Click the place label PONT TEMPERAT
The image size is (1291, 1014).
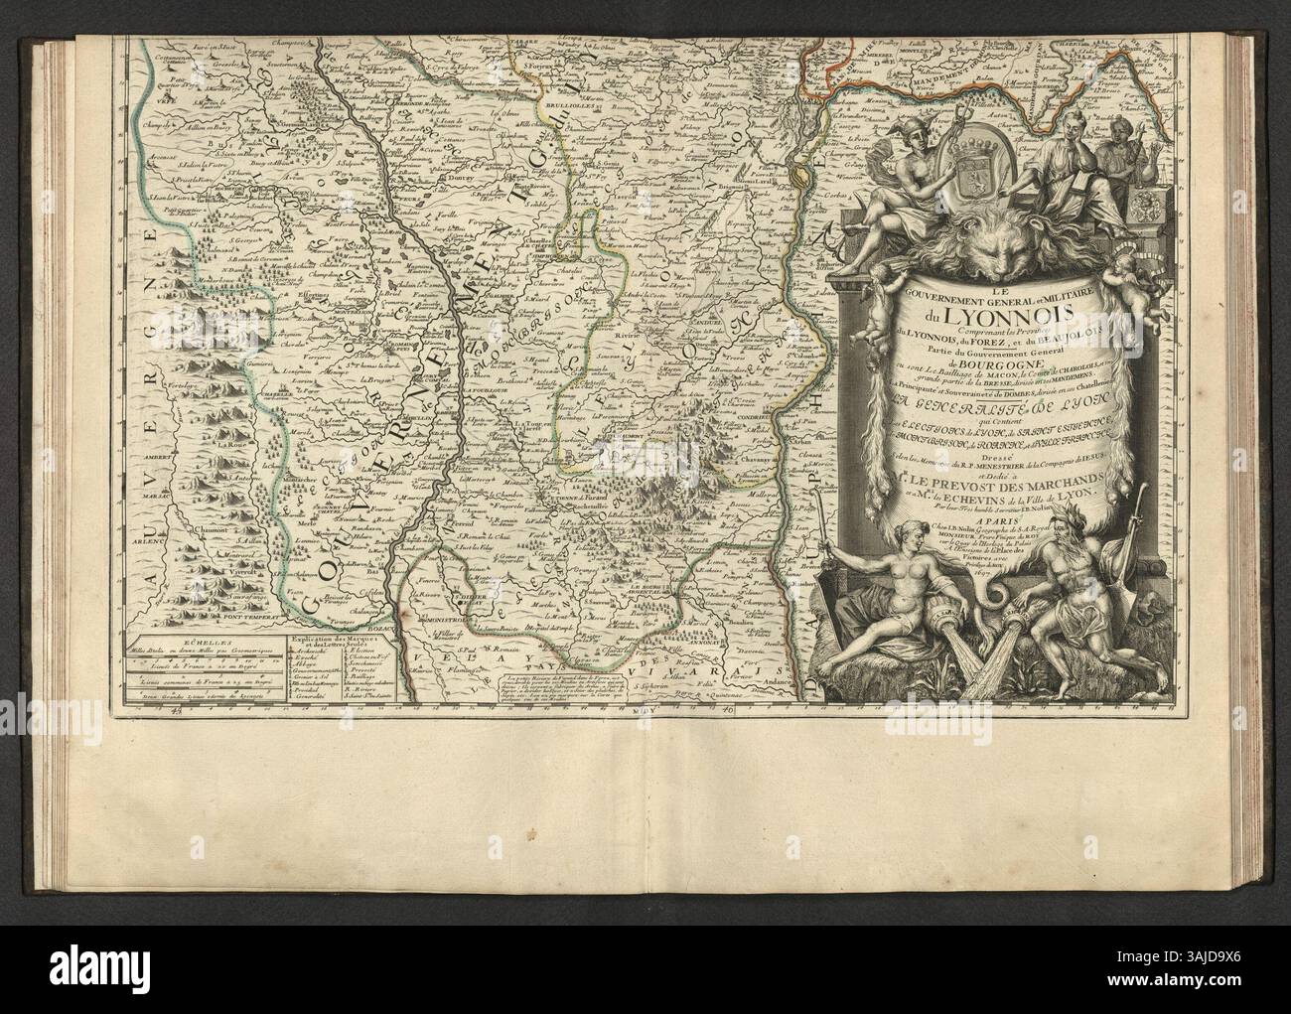[x=243, y=616]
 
